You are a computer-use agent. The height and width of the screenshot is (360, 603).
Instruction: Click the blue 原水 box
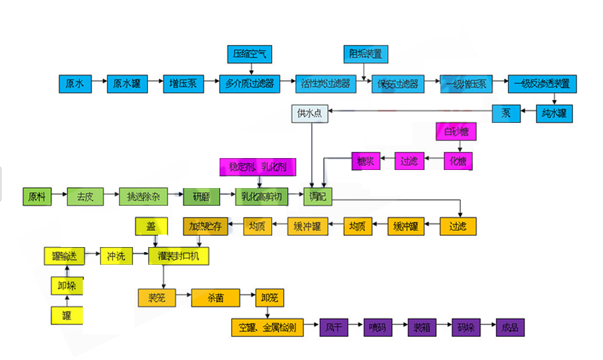[x=75, y=84]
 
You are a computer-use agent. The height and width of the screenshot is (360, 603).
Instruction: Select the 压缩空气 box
[x=250, y=55]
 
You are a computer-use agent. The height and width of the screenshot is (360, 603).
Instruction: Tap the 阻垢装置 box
[x=366, y=55]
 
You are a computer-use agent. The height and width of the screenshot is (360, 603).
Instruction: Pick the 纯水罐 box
[x=555, y=114]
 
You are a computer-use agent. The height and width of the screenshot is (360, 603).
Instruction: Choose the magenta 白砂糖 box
[x=456, y=132]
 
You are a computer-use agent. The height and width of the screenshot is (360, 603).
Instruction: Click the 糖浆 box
[x=365, y=161]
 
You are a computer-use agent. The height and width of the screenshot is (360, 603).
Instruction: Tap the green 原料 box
[x=37, y=197]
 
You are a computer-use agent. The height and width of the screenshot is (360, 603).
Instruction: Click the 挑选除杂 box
[x=144, y=197]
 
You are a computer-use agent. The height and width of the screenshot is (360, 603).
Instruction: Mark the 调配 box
[x=317, y=197]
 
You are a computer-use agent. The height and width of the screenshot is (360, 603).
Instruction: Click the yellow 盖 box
[x=151, y=226]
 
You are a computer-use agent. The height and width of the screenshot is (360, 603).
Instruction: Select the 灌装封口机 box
[x=179, y=256]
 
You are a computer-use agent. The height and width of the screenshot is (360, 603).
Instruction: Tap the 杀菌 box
[x=216, y=297]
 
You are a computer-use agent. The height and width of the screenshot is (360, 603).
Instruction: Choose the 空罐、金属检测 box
[x=268, y=327]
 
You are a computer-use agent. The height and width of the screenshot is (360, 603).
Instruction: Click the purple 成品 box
[x=510, y=327]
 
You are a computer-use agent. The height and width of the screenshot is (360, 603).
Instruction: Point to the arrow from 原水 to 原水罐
[x=99, y=84]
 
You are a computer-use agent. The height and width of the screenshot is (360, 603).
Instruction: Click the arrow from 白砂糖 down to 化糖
[x=456, y=147]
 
